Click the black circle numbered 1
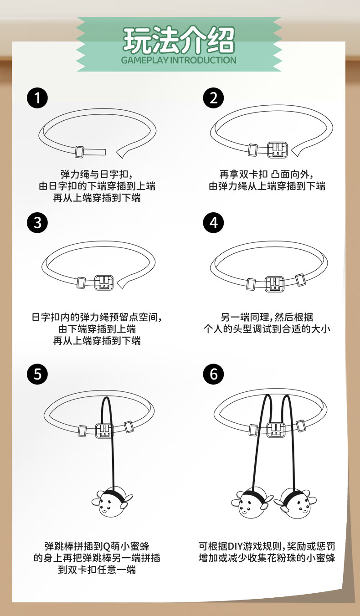pyautogui.click(x=37, y=98)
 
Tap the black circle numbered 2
pyautogui.click(x=213, y=98)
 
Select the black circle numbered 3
pyautogui.click(x=37, y=223)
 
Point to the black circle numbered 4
pyautogui.click(x=213, y=223)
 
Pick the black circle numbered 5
pyautogui.click(x=37, y=374)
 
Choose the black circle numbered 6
pyautogui.click(x=213, y=374)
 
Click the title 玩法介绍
pyautogui.click(x=179, y=40)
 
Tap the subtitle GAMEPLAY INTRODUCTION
pyautogui.click(x=179, y=60)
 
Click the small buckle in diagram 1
pyautogui.click(x=79, y=152)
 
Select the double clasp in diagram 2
pyautogui.click(x=278, y=150)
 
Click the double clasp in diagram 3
pyautogui.click(x=104, y=282)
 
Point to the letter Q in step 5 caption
pyautogui.click(x=106, y=546)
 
